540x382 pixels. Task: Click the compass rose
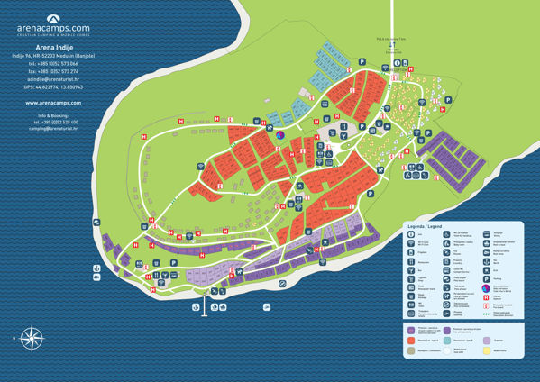pos(32,339)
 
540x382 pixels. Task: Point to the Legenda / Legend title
pos(423,226)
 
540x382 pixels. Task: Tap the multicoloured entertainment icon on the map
pos(279,135)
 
